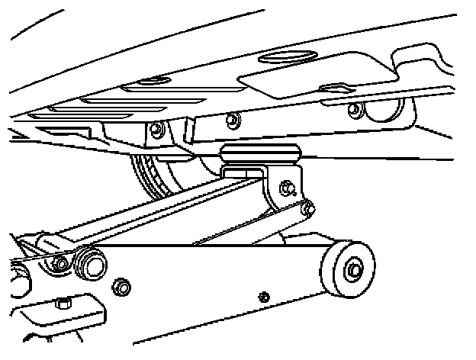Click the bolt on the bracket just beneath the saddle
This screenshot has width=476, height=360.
287,186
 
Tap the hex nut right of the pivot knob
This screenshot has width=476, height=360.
119,287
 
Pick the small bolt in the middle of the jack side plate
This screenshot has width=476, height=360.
264,296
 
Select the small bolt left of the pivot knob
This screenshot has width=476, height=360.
60,264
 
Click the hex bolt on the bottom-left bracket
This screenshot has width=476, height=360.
64,304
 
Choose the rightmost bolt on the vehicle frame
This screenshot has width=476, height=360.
352,109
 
